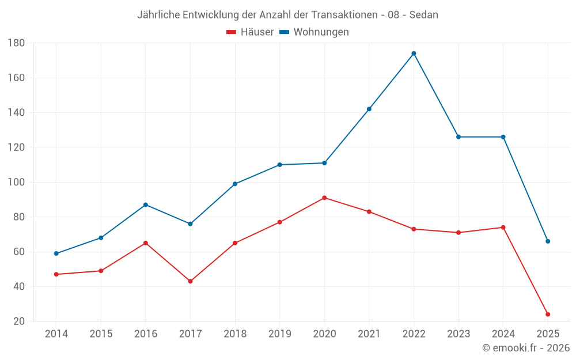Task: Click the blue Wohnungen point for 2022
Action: [414, 54]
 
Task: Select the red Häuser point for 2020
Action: [324, 198]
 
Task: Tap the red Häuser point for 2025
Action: [548, 314]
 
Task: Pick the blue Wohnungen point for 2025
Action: [548, 241]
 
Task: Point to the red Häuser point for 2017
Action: [190, 281]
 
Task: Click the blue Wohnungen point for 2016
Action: [145, 204]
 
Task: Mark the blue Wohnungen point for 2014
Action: [56, 253]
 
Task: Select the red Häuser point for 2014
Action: [56, 274]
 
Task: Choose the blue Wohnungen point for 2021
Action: [369, 109]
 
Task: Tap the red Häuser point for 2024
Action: [503, 228]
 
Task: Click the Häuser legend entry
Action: [250, 32]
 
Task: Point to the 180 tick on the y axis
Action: [16, 43]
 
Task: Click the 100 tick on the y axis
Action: [16, 183]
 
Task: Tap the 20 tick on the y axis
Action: [18, 321]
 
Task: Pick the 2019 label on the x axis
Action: [279, 334]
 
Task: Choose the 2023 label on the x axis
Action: [458, 334]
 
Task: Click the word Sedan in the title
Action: [423, 15]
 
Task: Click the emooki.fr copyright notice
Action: [526, 348]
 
